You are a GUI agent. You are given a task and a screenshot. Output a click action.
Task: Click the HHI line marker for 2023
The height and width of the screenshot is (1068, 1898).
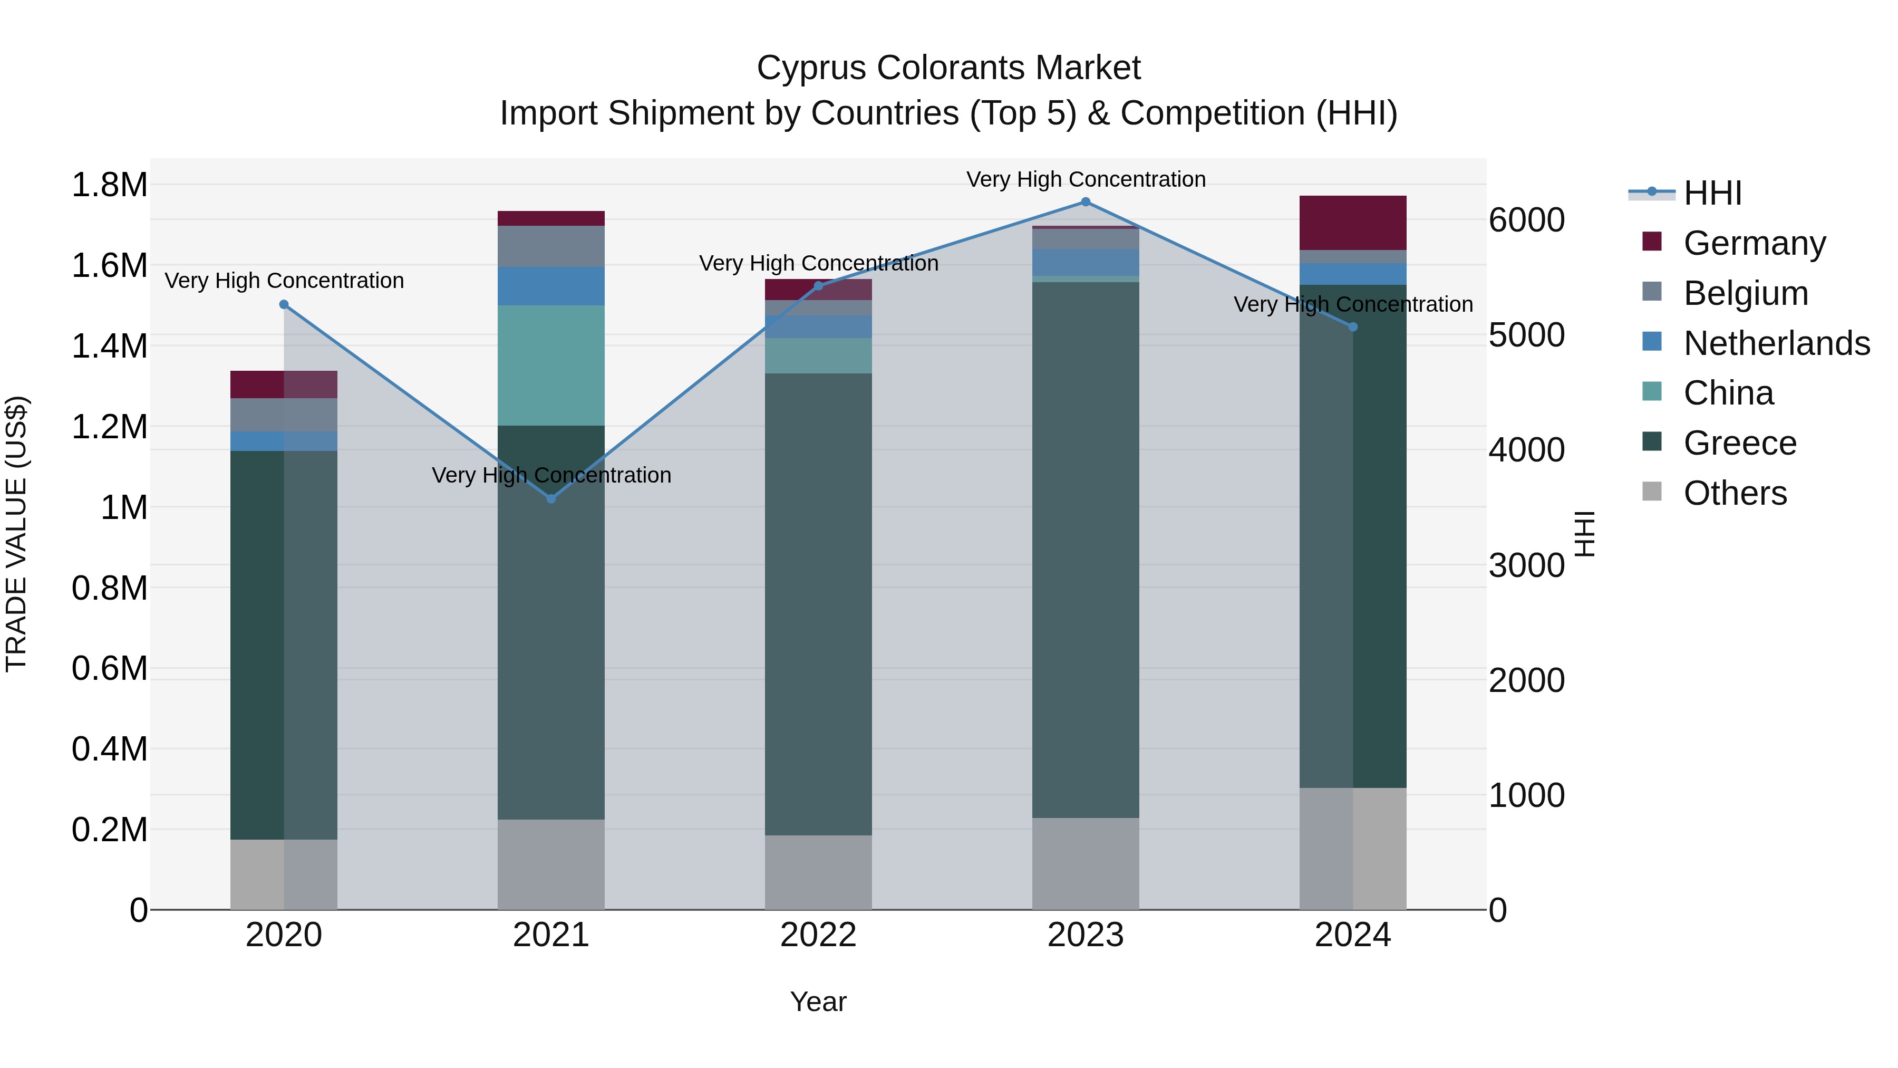click(1086, 202)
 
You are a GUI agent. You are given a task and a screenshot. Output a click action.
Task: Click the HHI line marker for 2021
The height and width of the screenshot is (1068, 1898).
click(551, 499)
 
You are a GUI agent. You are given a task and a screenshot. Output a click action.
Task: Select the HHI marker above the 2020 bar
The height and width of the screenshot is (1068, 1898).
click(284, 304)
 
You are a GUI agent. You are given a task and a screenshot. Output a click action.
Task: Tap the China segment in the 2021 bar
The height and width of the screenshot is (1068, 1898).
click(551, 365)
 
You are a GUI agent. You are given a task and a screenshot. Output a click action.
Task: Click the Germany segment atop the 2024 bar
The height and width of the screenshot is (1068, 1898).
click(1353, 223)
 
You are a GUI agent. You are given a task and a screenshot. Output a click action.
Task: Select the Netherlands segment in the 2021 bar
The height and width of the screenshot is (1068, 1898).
click(551, 286)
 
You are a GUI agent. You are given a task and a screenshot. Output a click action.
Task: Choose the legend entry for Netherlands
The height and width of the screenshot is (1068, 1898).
click(1776, 343)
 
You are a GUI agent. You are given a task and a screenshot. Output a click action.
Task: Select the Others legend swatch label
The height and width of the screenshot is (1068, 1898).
click(1735, 493)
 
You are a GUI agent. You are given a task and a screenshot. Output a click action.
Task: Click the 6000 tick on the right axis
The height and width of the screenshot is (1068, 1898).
click(1527, 220)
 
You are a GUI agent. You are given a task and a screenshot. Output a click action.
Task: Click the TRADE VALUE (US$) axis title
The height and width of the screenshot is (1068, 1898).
click(16, 534)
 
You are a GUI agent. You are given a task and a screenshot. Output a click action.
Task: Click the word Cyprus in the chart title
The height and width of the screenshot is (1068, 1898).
click(810, 68)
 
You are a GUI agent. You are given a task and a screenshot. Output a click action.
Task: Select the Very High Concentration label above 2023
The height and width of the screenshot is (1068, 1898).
click(1086, 179)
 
